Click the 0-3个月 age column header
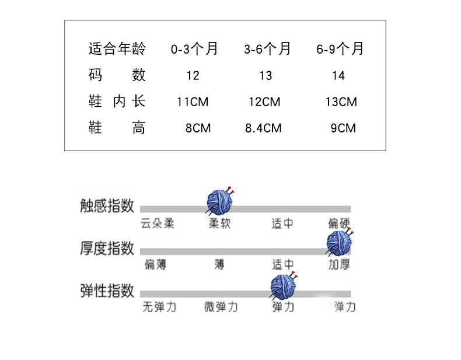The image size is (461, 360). pyautogui.click(x=194, y=49)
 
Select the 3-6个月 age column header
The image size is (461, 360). pyautogui.click(x=267, y=49)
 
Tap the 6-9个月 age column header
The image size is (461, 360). pyautogui.click(x=340, y=49)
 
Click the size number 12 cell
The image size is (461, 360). pyautogui.click(x=193, y=76)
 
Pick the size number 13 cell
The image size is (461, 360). pyautogui.click(x=266, y=76)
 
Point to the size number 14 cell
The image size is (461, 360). pyautogui.click(x=338, y=76)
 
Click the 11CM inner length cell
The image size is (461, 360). pyautogui.click(x=193, y=102)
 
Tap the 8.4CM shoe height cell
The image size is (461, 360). pyautogui.click(x=264, y=128)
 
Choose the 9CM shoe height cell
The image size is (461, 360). pyautogui.click(x=343, y=128)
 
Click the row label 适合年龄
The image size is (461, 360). pyautogui.click(x=117, y=49)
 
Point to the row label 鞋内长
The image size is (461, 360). pyautogui.click(x=116, y=102)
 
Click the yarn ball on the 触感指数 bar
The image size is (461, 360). pyautogui.click(x=221, y=201)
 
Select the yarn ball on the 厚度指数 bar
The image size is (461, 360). pyautogui.click(x=339, y=244)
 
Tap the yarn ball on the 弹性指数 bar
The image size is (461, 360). pyautogui.click(x=284, y=286)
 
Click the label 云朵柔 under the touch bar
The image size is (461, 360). pyautogui.click(x=158, y=223)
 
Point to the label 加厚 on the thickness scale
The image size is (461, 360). pyautogui.click(x=339, y=265)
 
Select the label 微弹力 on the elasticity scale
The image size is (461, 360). pyautogui.click(x=221, y=307)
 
